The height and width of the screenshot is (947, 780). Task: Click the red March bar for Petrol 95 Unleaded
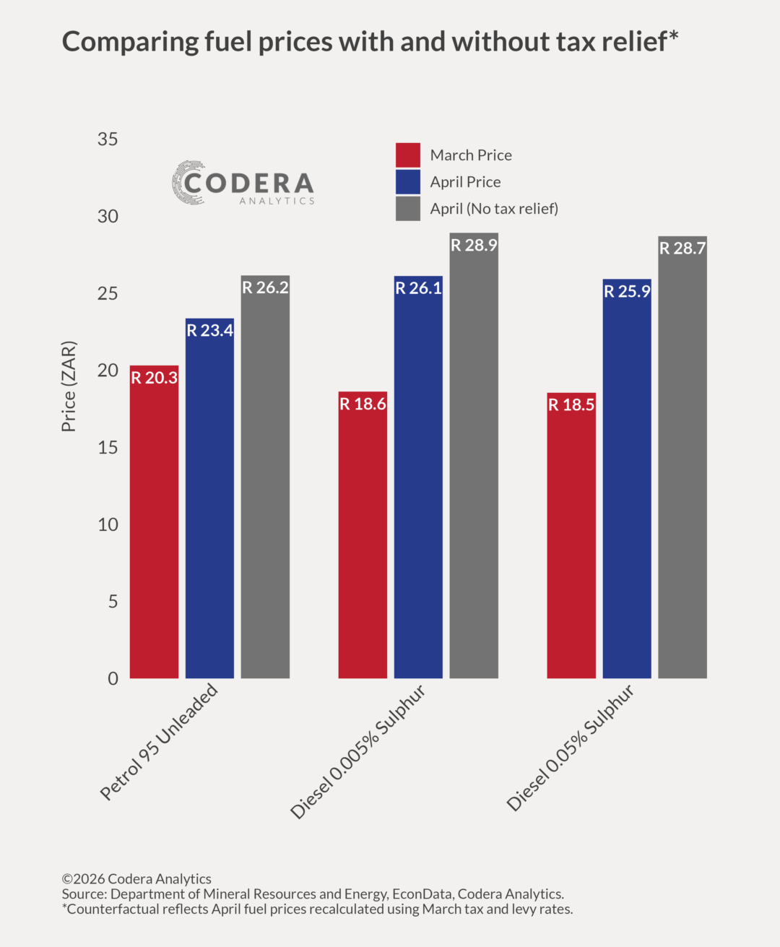(x=154, y=527)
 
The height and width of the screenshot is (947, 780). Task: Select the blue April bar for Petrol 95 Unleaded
(x=209, y=506)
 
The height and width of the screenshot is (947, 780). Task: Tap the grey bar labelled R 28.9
(x=474, y=462)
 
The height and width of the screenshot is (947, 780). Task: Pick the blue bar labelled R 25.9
(x=627, y=484)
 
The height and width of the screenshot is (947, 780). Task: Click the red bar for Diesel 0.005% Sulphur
(x=363, y=542)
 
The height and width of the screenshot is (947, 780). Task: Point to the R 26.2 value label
(x=265, y=287)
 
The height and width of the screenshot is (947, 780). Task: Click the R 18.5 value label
(x=571, y=405)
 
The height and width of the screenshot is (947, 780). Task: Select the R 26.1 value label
(x=418, y=288)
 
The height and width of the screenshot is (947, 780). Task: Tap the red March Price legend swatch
(x=408, y=155)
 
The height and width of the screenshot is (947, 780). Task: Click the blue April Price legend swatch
(x=408, y=182)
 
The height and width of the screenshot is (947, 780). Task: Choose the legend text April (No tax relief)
(x=494, y=209)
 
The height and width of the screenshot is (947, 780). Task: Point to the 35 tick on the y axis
(x=108, y=139)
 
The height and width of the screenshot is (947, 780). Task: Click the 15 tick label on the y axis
(x=108, y=448)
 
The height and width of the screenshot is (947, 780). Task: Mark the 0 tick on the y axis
(x=113, y=679)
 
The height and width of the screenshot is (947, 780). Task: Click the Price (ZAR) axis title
(x=69, y=386)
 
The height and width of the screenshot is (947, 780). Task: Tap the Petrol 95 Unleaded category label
(x=159, y=742)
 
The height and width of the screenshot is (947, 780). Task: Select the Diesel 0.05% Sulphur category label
(x=571, y=748)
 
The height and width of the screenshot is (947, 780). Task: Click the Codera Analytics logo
(x=243, y=183)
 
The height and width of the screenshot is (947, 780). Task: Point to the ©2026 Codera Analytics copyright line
(x=136, y=879)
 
